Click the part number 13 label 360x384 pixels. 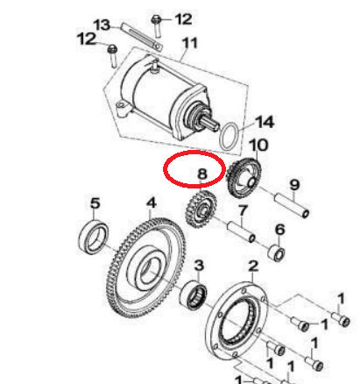(x=102, y=25)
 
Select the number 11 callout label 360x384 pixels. (x=190, y=43)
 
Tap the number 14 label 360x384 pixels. (x=265, y=122)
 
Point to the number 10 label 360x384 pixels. (x=258, y=145)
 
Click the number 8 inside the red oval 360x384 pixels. (x=202, y=174)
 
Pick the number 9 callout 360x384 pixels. (x=294, y=185)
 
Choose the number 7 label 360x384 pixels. (x=243, y=210)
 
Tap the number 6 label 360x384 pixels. (x=279, y=230)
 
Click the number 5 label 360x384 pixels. (x=95, y=203)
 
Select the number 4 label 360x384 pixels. (x=152, y=203)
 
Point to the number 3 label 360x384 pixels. (x=199, y=266)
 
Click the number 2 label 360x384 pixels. (x=253, y=267)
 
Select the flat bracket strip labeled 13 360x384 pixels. (x=142, y=36)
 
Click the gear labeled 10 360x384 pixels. (x=244, y=177)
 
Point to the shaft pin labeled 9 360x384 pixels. (x=292, y=204)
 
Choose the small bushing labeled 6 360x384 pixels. (x=276, y=253)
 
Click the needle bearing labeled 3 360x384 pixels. (x=194, y=295)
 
